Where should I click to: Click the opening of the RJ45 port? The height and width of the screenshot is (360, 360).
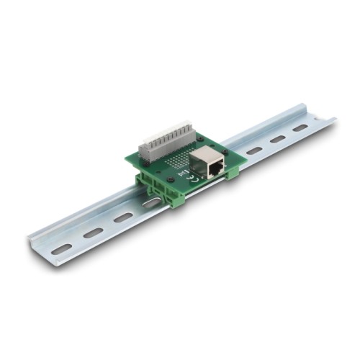pyautogui.click(x=215, y=170)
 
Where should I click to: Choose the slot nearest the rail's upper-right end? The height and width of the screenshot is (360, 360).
pyautogui.click(x=301, y=127)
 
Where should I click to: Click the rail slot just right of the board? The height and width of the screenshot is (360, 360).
pyautogui.click(x=253, y=150)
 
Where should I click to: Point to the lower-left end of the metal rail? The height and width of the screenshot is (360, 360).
pyautogui.click(x=40, y=248)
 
